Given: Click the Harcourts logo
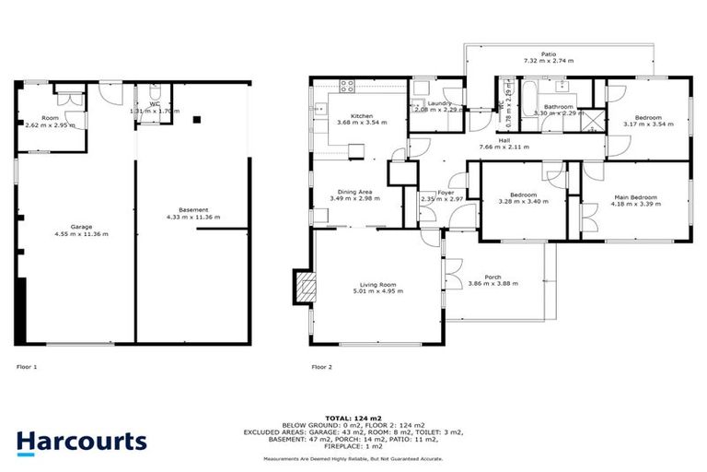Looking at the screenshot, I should tap(81, 442).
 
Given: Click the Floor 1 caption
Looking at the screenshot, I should tap(28, 366).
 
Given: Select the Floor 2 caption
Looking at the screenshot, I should tap(322, 366).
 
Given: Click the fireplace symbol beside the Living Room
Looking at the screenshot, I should tap(302, 286).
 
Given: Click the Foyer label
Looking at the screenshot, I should tap(446, 192).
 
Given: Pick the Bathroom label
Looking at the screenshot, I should tap(558, 107).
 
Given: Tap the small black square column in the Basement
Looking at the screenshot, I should tap(196, 119).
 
